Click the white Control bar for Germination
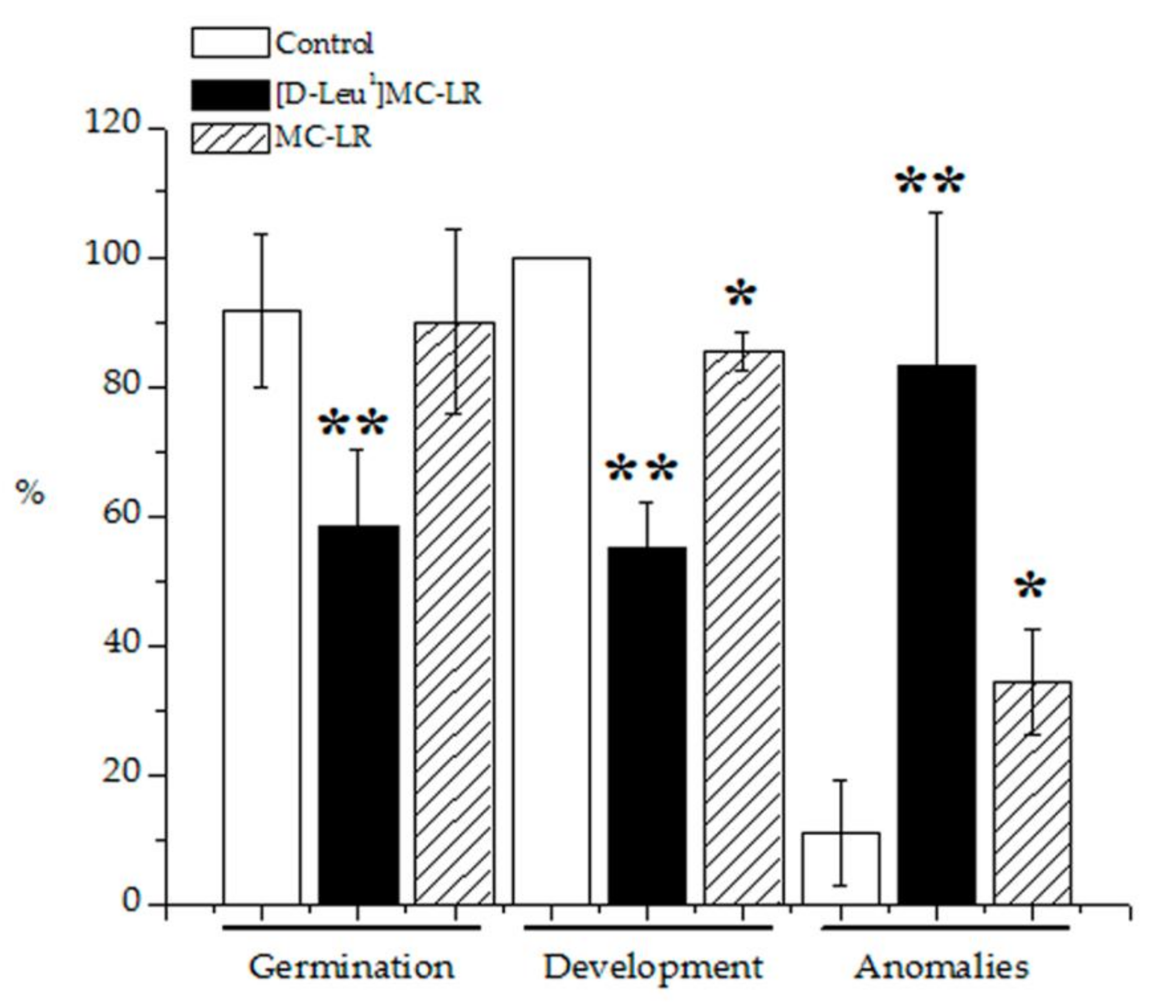pos(262,607)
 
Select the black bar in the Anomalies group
pos(936,635)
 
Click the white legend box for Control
pos(230,43)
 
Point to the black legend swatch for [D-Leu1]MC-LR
pos(230,95)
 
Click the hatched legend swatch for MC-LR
pos(230,138)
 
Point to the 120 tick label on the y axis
pos(111,122)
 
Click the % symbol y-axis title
pos(29,493)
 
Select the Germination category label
pos(351,967)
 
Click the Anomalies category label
pos(942,967)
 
